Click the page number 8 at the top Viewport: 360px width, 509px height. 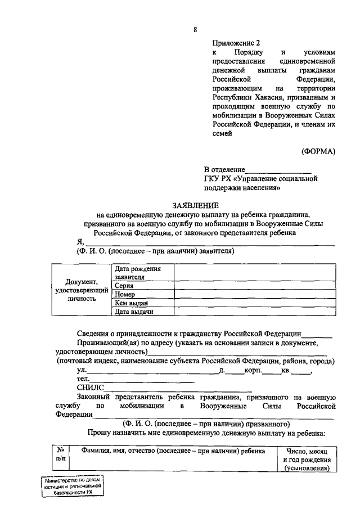195,30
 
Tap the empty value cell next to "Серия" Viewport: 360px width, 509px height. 252,286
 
